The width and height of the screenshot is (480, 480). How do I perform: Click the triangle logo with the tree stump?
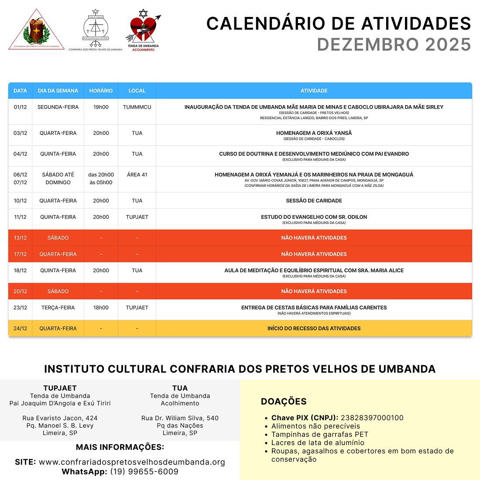pos(37,30)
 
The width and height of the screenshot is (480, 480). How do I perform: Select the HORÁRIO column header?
pos(101,91)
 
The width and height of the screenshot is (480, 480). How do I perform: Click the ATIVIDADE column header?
pos(314,91)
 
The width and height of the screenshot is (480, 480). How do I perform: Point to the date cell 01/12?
pos(20,107)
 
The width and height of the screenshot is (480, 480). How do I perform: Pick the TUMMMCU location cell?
pos(137,107)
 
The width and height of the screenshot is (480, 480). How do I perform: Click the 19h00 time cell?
pos(101,107)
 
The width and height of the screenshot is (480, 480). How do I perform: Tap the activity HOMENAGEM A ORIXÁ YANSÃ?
pos(314,133)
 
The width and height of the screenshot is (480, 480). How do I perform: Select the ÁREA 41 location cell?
pos(137,175)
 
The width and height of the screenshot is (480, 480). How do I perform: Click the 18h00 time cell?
pos(101,308)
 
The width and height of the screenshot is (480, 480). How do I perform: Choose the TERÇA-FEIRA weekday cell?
pos(58,308)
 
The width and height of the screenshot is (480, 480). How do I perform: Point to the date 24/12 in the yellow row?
pos(20,329)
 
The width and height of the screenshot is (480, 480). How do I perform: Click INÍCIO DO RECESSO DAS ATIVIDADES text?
pos(314,329)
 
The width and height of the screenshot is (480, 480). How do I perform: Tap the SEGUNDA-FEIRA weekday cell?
pos(58,107)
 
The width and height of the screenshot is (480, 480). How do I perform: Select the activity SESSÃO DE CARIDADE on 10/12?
pos(314,201)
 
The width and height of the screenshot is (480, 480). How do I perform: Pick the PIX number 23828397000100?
pos(372,418)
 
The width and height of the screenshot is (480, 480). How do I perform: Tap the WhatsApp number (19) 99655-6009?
pos(144,472)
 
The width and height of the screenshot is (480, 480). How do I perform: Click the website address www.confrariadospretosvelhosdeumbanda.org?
pos(132,462)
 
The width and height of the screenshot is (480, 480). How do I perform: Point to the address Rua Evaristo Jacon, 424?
pos(60,418)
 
